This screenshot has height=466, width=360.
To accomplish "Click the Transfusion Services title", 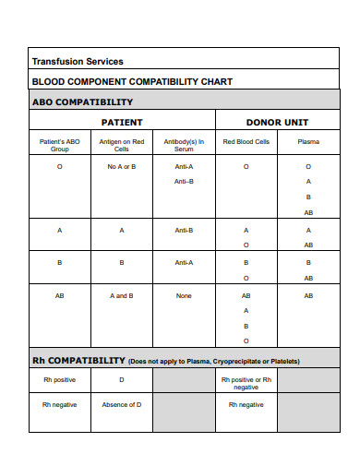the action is tap(78, 62).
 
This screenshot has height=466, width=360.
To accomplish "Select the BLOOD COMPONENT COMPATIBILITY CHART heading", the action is tap(132, 81).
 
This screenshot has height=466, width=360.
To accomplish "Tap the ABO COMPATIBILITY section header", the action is tap(83, 102).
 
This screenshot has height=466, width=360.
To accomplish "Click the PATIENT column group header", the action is tap(122, 122).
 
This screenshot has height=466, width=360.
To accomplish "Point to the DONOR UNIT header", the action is tap(276, 122).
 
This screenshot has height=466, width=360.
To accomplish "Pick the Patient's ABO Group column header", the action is tap(60, 145).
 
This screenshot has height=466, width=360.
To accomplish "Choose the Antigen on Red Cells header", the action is tap(122, 145).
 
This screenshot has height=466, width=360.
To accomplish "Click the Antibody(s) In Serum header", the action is tap(184, 145).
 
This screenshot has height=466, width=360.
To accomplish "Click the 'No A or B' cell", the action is tap(122, 166).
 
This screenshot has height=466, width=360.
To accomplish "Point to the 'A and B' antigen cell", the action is tap(122, 295).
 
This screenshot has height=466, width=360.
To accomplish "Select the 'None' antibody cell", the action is tap(184, 295).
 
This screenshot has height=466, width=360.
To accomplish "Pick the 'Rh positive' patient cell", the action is tap(60, 379).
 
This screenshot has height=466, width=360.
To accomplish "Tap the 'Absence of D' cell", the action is tap(122, 404).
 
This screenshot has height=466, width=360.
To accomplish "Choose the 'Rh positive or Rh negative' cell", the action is tap(246, 383).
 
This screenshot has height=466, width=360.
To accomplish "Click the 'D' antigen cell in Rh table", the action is tap(122, 379).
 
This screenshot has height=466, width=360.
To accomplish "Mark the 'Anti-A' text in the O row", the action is tap(184, 166).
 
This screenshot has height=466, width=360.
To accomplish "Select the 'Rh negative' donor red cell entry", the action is tap(246, 404).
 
